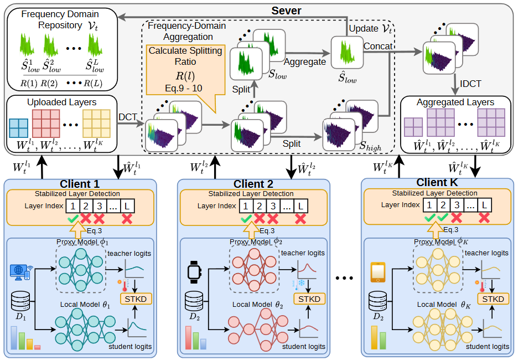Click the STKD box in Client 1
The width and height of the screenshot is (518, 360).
(136, 299)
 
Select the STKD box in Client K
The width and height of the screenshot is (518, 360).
(493, 299)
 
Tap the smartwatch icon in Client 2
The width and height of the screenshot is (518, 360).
(195, 272)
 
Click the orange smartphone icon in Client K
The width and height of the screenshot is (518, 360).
(378, 272)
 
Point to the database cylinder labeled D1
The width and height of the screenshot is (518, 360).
(20, 301)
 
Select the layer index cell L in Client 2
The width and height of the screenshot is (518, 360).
(301, 206)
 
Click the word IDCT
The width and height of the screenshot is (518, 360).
(470, 84)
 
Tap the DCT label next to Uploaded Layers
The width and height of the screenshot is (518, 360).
(127, 117)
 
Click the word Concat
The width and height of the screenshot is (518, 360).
(378, 47)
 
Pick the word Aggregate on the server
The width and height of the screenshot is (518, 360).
(304, 62)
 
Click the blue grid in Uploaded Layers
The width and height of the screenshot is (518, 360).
(18, 128)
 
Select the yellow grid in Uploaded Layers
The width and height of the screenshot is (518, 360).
(96, 124)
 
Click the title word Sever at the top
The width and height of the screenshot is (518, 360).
(286, 11)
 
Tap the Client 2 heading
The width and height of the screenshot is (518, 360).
(253, 184)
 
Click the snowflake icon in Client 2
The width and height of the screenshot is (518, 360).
(301, 283)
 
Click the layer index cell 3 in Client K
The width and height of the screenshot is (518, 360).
(457, 205)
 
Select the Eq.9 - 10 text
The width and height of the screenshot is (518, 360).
(184, 88)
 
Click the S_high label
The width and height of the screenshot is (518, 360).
(370, 146)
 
